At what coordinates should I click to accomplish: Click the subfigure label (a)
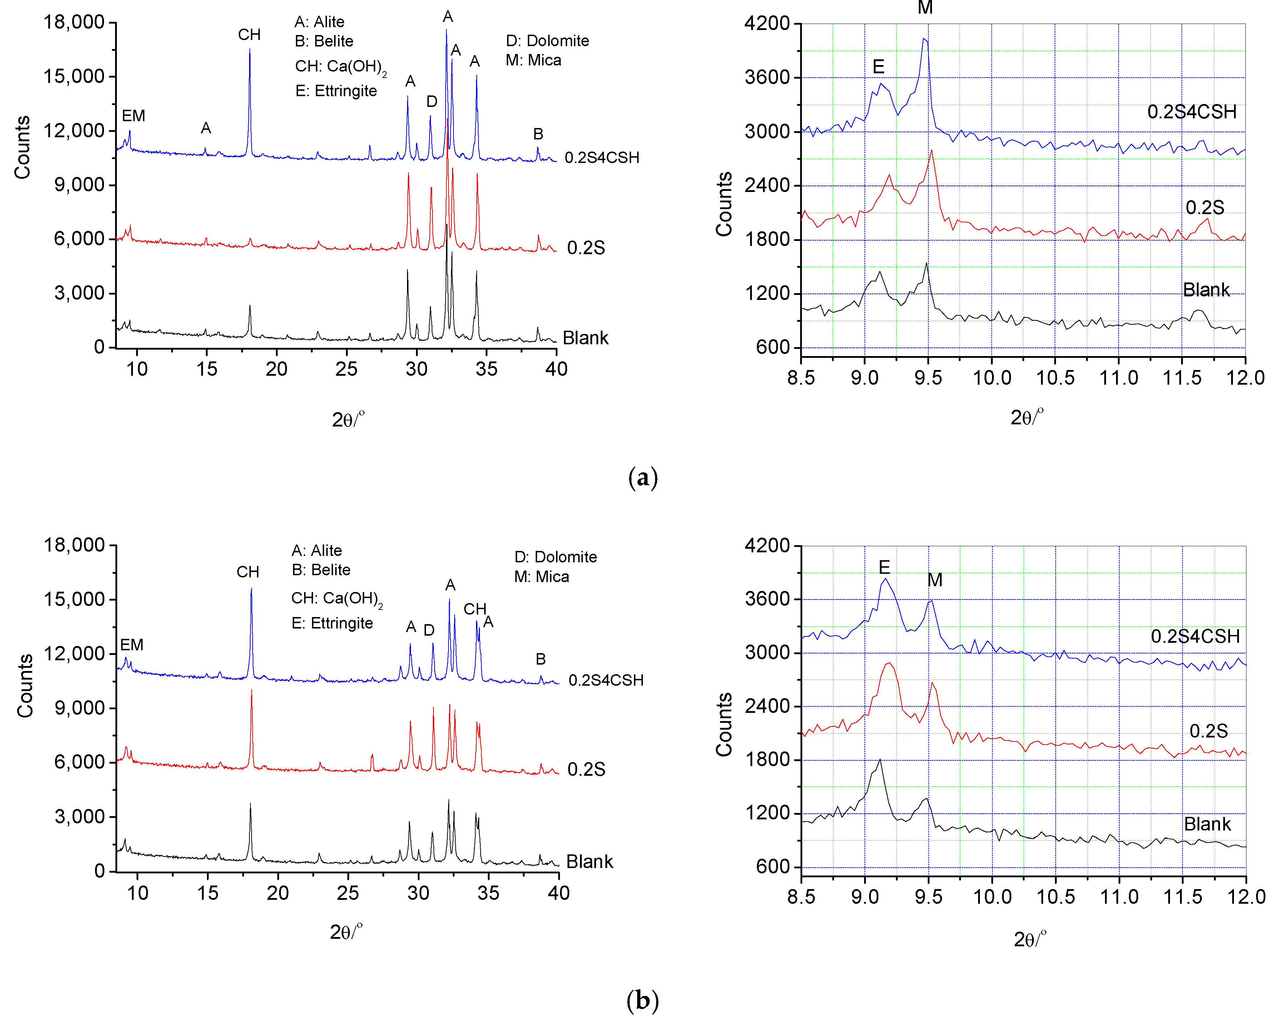(643, 478)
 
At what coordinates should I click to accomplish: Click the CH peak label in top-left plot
(249, 35)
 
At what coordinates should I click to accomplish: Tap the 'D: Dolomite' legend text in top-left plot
(547, 41)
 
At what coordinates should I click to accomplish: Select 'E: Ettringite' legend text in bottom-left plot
(332, 623)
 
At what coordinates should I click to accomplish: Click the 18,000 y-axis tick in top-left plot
(74, 23)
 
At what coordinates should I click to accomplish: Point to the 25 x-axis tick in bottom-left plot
(348, 893)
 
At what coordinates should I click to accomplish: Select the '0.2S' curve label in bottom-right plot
(1208, 731)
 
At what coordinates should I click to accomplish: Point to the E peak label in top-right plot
(878, 66)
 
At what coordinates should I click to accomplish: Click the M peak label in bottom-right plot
(935, 580)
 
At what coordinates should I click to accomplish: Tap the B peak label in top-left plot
(538, 134)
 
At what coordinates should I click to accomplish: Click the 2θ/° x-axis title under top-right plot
(1026, 417)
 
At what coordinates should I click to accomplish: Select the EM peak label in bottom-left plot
(132, 645)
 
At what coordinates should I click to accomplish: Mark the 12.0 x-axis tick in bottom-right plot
(1245, 896)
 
